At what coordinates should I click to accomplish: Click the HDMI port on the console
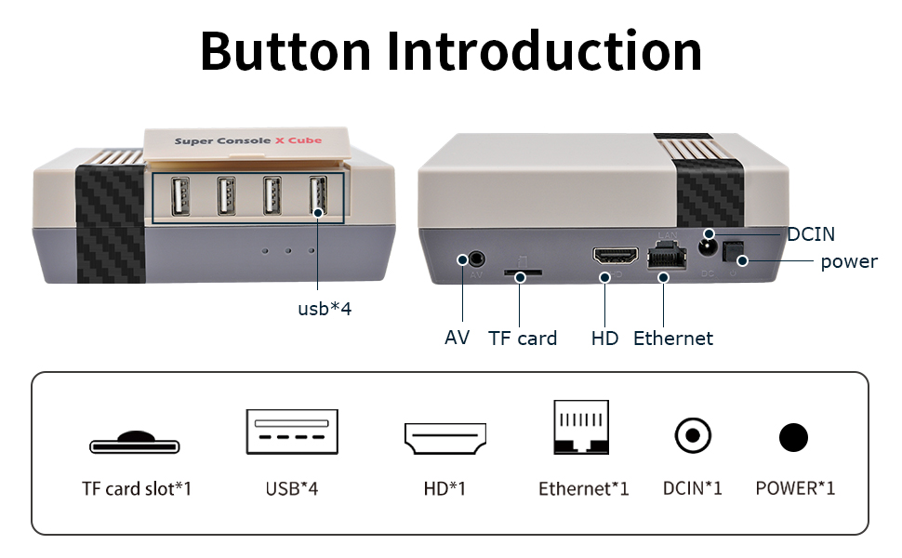pyautogui.click(x=616, y=256)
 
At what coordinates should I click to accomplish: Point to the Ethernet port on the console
pyautogui.click(x=662, y=254)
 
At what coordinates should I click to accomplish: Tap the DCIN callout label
pyautogui.click(x=811, y=234)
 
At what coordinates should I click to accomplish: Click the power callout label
pyautogui.click(x=848, y=261)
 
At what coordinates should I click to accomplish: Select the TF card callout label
pyautogui.click(x=523, y=339)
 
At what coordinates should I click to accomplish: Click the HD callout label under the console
pyautogui.click(x=604, y=339)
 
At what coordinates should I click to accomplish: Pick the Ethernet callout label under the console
pyautogui.click(x=673, y=339)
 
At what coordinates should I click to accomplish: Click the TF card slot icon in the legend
pyautogui.click(x=136, y=442)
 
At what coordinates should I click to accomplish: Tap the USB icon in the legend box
pyautogui.click(x=291, y=432)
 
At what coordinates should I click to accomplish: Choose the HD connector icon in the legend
pyautogui.click(x=445, y=437)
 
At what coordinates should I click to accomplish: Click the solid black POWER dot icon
pyautogui.click(x=793, y=437)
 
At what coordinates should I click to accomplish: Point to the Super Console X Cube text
pyautogui.click(x=248, y=141)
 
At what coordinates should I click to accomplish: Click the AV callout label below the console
pyautogui.click(x=458, y=338)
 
